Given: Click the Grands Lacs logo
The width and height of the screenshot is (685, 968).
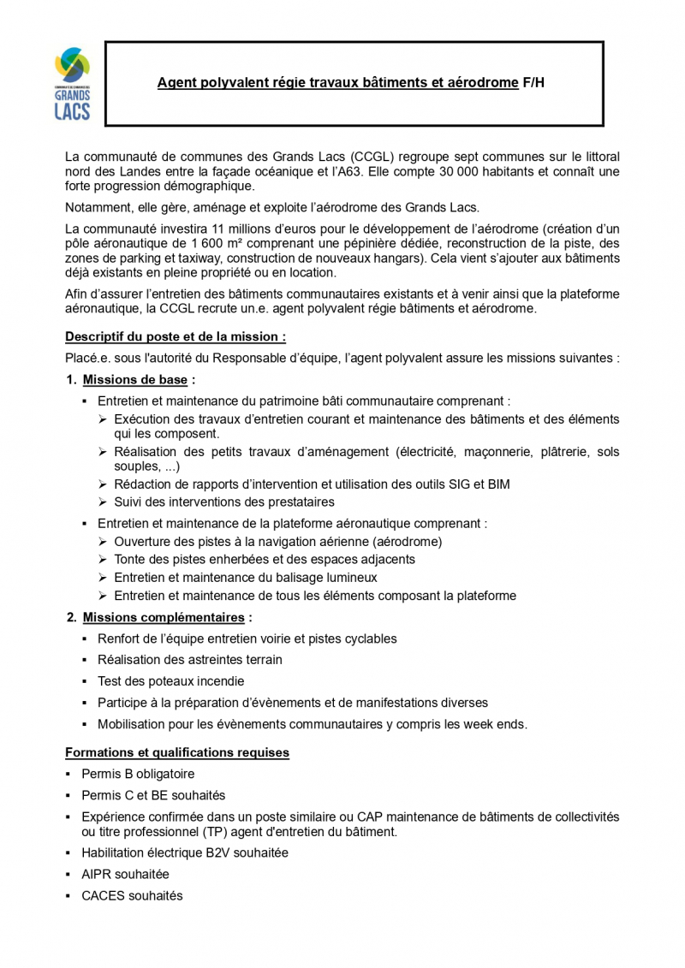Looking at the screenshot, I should [x=72, y=83].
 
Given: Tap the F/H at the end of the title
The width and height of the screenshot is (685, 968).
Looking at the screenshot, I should [x=533, y=83].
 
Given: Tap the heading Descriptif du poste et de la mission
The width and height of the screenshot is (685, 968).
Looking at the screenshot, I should [x=176, y=337].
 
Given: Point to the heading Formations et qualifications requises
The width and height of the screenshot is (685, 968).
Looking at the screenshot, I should [x=177, y=752].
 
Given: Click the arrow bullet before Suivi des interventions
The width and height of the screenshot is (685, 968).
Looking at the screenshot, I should [x=103, y=502].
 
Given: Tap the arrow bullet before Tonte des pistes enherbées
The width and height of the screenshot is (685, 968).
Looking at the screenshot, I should [x=103, y=559].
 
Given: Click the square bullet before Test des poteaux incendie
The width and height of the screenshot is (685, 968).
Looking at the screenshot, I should [x=85, y=681].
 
